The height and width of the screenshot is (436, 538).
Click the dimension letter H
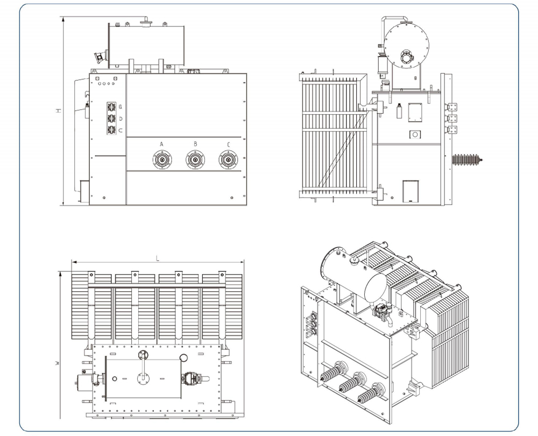point(59,111)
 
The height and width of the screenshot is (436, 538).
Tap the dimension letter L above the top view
point(158,258)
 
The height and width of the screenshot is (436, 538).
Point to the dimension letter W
point(58,363)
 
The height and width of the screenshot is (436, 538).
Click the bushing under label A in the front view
point(162,160)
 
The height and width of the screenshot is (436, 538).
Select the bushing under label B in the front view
point(195,160)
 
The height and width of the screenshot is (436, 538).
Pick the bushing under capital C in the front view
point(228,160)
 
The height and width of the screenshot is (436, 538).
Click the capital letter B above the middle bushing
point(195,144)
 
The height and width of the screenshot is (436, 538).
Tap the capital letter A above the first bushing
point(161,144)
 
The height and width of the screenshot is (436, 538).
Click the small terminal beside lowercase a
point(111,107)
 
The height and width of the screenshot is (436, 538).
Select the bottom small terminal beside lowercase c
point(111,130)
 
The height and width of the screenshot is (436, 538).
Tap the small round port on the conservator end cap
point(406,58)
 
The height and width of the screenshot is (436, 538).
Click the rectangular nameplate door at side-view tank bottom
point(410,192)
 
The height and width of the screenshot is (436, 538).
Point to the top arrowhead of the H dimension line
point(63,19)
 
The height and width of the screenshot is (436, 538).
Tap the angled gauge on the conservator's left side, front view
point(101,57)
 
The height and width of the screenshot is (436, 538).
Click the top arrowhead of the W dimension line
point(60,274)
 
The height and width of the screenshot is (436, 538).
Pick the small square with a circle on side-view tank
point(415,134)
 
